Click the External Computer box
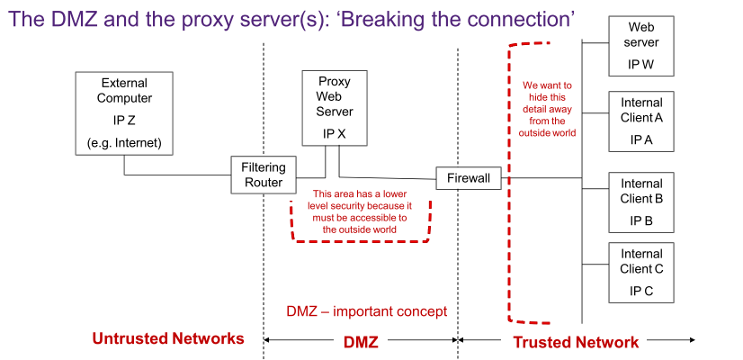tap(124, 112)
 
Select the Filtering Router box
tap(263, 175)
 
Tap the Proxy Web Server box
tap(335, 108)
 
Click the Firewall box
tap(469, 178)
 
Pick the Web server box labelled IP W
tap(642, 48)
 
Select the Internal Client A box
tap(642, 121)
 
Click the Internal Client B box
tap(642, 202)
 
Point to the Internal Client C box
tap(642, 272)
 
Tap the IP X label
tap(335, 133)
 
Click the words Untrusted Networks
tap(168, 338)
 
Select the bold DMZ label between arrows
tap(362, 342)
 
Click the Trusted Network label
tap(576, 342)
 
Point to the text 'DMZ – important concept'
tap(367, 311)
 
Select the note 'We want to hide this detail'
tap(547, 109)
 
